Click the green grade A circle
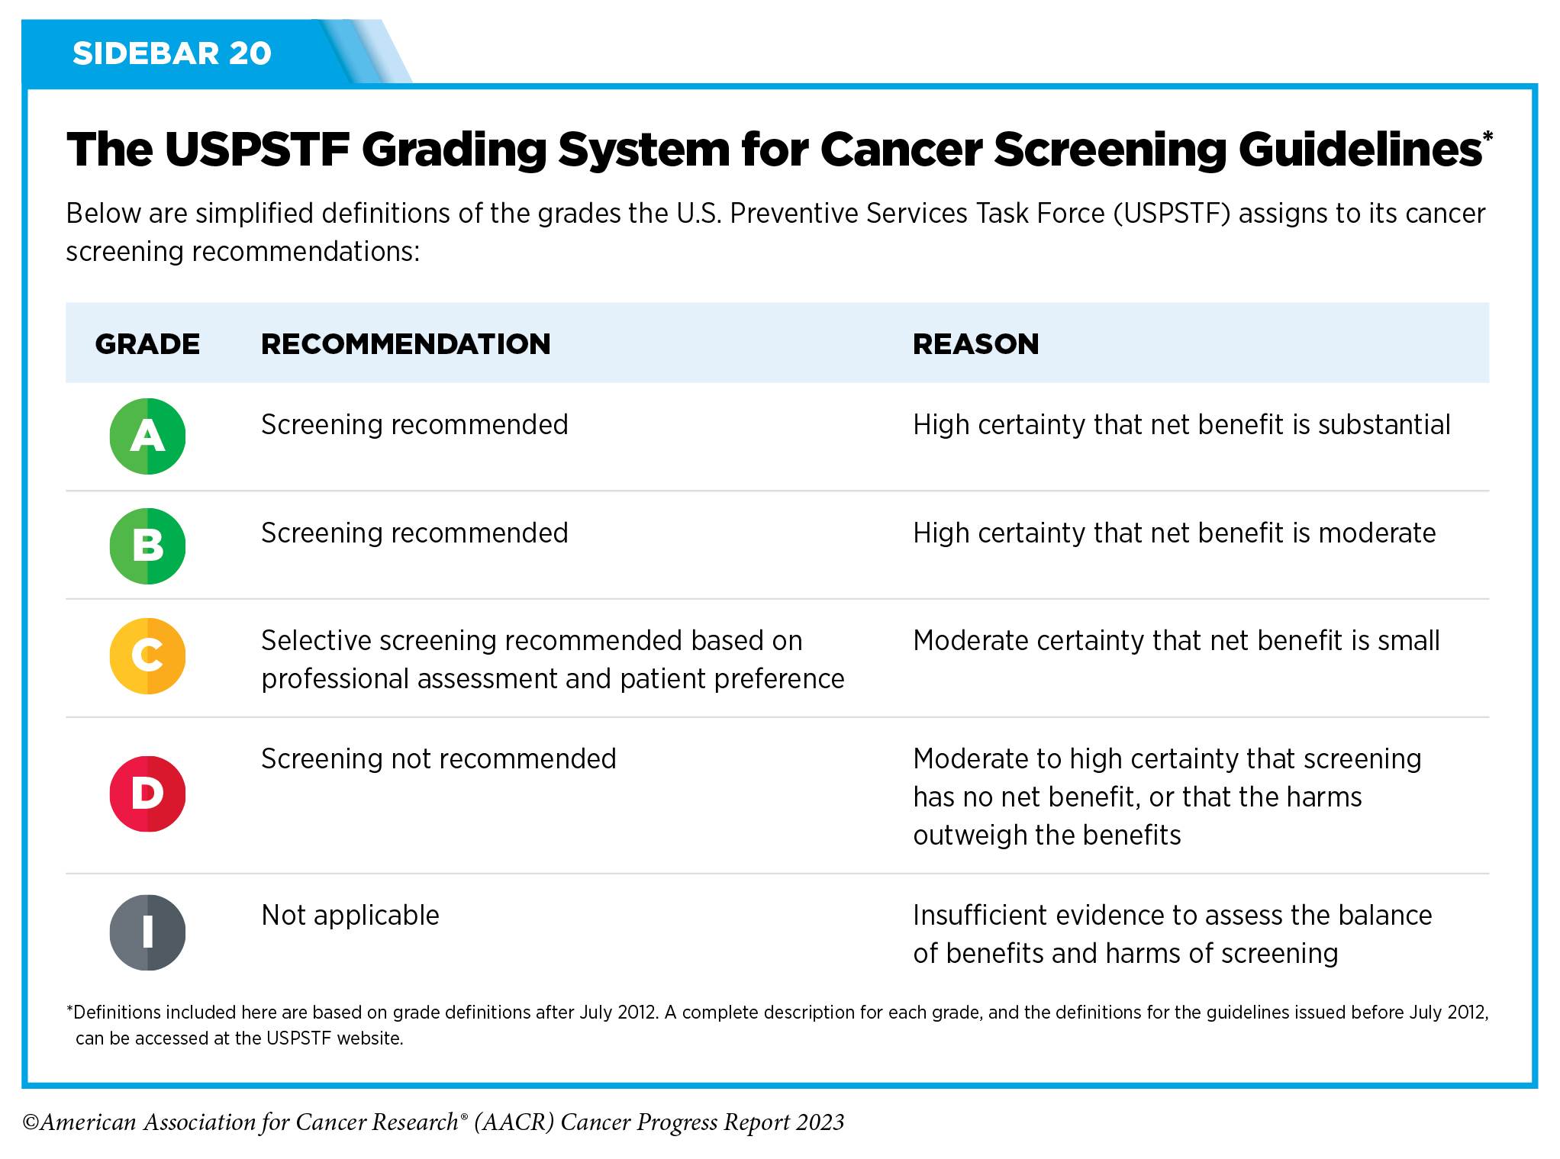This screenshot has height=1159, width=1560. pos(147,436)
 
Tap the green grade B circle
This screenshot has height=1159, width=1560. pos(147,546)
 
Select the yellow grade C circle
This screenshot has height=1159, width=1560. pos(147,656)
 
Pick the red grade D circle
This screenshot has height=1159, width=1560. pos(147,794)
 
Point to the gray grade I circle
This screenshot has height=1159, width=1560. pos(147,932)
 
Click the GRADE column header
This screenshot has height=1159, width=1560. pos(147,344)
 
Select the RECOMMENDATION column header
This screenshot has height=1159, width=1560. pos(405,344)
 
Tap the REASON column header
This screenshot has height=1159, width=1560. pos(975,344)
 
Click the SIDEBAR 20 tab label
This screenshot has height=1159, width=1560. pos(172,53)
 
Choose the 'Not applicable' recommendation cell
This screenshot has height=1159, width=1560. pos(350,915)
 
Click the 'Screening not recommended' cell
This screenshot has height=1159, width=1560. pos(439,758)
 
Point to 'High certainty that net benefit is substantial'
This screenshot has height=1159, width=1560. pos(1181,424)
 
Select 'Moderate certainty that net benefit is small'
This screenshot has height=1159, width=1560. pos(1176,640)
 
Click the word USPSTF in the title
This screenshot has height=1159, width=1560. pos(257,149)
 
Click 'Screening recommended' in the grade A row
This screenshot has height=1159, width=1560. pos(414,424)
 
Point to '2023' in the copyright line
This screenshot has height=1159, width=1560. pos(820,1122)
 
